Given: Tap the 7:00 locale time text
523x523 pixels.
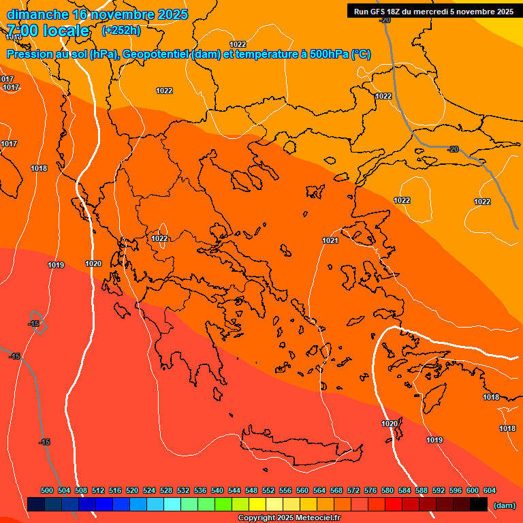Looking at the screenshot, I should coord(48,31).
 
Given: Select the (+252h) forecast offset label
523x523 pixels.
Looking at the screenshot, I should coord(121,30).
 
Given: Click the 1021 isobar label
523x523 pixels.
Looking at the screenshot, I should coord(331,240).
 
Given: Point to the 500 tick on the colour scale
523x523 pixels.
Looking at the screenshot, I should coord(47,490).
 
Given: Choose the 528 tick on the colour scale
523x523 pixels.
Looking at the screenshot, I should coord(166,490).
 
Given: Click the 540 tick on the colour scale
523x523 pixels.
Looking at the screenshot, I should coord(217,490).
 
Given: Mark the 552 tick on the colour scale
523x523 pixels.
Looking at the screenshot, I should coord(268,490).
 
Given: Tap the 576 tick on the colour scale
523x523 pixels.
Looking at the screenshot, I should coord(370,490).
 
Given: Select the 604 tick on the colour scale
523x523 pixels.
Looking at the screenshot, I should coord(490,490).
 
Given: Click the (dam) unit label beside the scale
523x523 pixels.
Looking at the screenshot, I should coord(504,505).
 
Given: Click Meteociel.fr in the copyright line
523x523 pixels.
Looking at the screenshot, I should coord(318,518).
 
